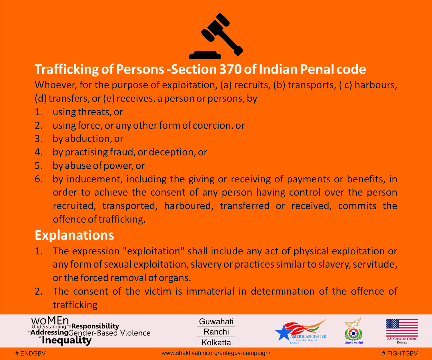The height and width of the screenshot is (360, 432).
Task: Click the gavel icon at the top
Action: tap(216, 36)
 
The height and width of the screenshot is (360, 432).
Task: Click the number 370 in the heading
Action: tap(230, 69)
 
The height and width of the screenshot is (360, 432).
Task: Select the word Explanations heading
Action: tap(74, 235)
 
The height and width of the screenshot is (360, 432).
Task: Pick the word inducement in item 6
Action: tap(94, 179)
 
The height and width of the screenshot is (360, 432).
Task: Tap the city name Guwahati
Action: tap(216, 322)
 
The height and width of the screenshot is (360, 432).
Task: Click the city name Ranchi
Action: tap(216, 332)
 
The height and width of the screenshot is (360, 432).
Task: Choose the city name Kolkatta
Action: tap(216, 342)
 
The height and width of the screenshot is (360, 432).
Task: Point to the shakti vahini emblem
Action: tap(353, 330)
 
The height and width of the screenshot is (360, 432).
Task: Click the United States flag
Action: tap(402, 328)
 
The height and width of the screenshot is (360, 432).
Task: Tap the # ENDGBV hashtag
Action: tap(30, 353)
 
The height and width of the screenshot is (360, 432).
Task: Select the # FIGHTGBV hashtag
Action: tap(400, 353)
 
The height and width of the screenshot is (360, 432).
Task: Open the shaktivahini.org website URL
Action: tap(216, 353)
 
